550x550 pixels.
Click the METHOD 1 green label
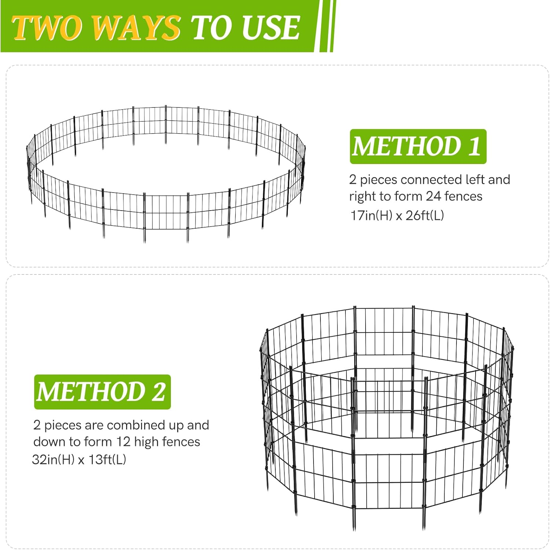pyautogui.click(x=418, y=146)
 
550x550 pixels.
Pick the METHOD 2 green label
pyautogui.click(x=102, y=392)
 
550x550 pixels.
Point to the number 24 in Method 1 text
pyautogui.click(x=433, y=196)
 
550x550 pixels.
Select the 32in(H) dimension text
pyautogui.click(x=54, y=459)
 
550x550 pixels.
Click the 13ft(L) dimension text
pyautogui.click(x=107, y=459)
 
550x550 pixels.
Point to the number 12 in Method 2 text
pyautogui.click(x=123, y=442)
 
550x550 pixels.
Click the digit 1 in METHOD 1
pyautogui.click(x=474, y=146)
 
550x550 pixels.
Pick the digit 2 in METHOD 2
pyautogui.click(x=158, y=392)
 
